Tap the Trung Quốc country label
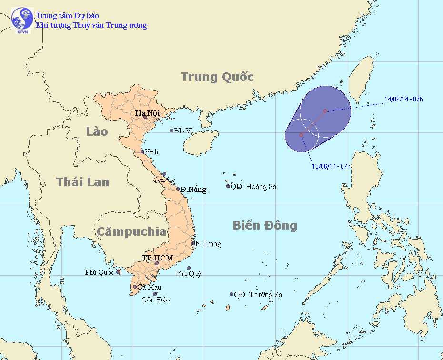click(217, 77)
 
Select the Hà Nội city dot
click(146, 117)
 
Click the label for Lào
click(97, 131)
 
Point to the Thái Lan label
click(82, 181)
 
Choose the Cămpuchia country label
click(131, 232)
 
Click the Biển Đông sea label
click(264, 225)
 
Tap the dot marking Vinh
click(142, 151)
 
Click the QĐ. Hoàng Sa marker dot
click(228, 186)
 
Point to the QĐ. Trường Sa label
click(258, 295)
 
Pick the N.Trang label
click(209, 244)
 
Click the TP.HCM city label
click(157, 258)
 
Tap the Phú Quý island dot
click(189, 268)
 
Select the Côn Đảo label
click(156, 300)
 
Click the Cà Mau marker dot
click(135, 287)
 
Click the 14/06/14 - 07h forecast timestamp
click(403, 100)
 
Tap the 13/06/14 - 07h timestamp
click(332, 166)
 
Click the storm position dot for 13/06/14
click(301, 135)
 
